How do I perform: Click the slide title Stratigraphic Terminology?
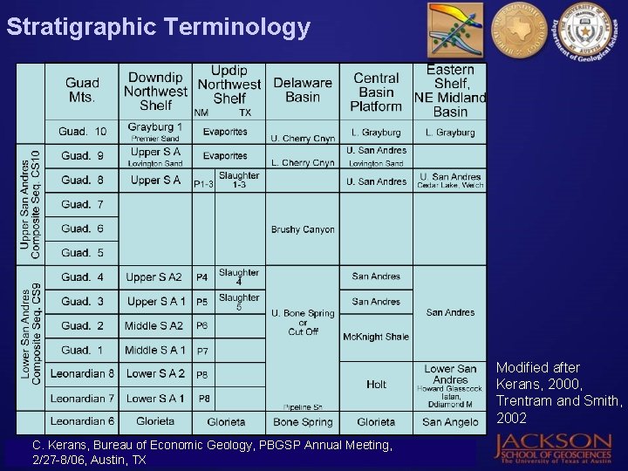pos(158,27)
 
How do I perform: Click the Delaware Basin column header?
pos(303,90)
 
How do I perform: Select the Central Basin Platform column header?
pos(377,92)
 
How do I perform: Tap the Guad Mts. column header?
pos(81,90)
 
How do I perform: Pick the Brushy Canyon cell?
pos(303,229)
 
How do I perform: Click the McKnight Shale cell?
pos(376,337)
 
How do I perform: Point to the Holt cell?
pos(377,384)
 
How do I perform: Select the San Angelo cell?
pos(450,422)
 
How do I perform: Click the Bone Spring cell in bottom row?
pos(303,422)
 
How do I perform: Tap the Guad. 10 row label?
pos(83,132)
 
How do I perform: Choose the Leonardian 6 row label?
pos(83,421)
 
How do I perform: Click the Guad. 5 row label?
pos(83,253)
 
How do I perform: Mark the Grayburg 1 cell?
pos(155,127)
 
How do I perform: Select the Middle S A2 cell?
pos(154,325)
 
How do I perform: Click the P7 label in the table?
pos(203,352)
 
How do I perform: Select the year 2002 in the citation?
pos(511,418)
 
